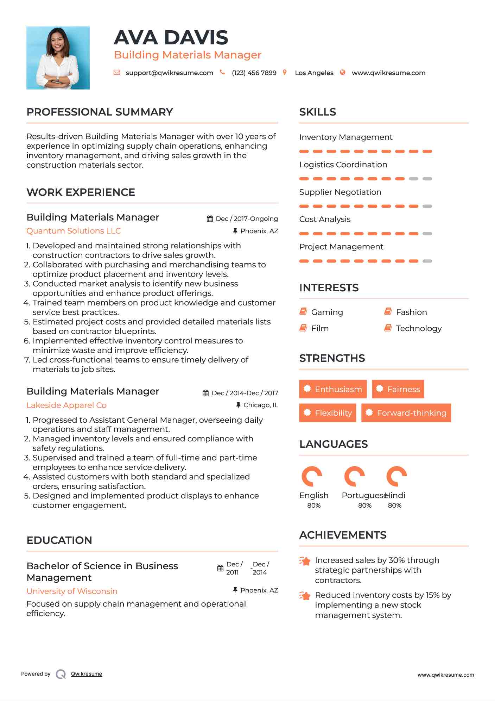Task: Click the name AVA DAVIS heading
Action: [x=171, y=37]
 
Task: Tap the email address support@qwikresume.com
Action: [x=169, y=73]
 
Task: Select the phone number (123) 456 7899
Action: [x=254, y=73]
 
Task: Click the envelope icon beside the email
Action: [x=117, y=73]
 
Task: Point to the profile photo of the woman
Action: [x=58, y=58]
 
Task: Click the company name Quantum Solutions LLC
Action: [x=74, y=231]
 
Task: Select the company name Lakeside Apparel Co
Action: [x=66, y=405]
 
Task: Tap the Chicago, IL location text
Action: [x=261, y=405]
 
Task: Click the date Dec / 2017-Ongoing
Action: [x=247, y=219]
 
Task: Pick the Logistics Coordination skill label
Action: [x=343, y=165]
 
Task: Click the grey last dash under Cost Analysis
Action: [x=427, y=234]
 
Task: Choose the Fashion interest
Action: [x=411, y=312]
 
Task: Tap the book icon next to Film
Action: [x=303, y=328]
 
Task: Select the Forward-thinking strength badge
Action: [x=406, y=413]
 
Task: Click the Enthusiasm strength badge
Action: [x=333, y=389]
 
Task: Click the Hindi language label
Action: [x=396, y=496]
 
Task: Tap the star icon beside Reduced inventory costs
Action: [x=305, y=596]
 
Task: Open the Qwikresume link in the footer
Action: [x=87, y=674]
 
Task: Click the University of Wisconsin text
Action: [x=72, y=591]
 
